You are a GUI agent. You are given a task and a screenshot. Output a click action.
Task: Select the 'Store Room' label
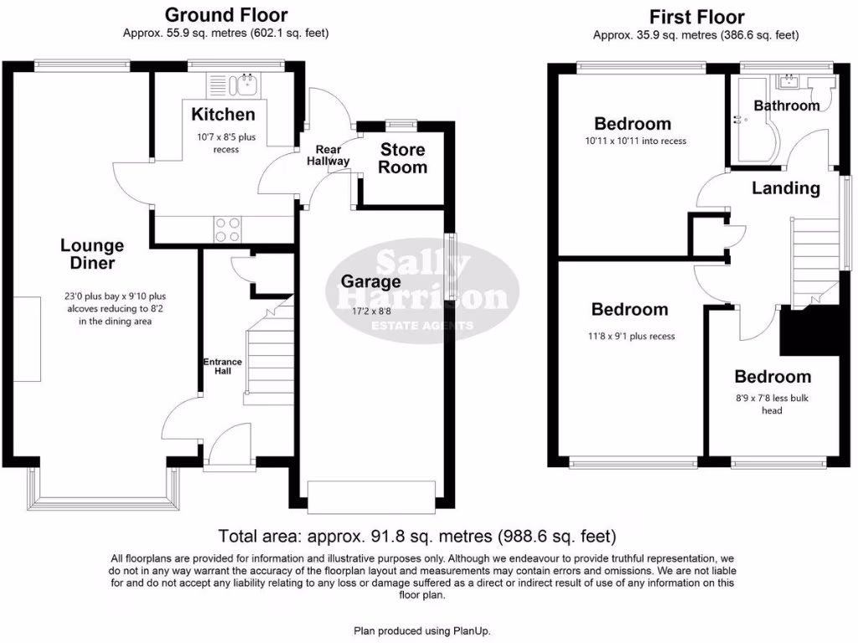pyautogui.click(x=404, y=158)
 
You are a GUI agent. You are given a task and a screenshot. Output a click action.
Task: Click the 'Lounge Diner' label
pyautogui.click(x=92, y=254)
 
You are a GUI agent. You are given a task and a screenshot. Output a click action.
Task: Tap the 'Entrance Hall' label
pyautogui.click(x=222, y=366)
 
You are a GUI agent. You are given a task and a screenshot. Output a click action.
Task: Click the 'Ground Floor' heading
pyautogui.click(x=225, y=15)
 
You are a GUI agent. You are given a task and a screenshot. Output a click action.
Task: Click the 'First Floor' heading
pyautogui.click(x=696, y=17)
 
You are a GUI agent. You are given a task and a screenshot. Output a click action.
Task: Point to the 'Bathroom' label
pyautogui.click(x=786, y=105)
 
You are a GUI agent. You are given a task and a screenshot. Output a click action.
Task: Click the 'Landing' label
pyautogui.click(x=785, y=188)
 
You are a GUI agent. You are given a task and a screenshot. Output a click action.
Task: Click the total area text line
pyautogui.click(x=416, y=536)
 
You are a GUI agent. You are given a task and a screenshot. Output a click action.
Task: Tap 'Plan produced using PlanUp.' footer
pyautogui.click(x=428, y=631)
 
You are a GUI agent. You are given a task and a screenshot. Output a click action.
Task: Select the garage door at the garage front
pyautogui.click(x=372, y=493)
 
